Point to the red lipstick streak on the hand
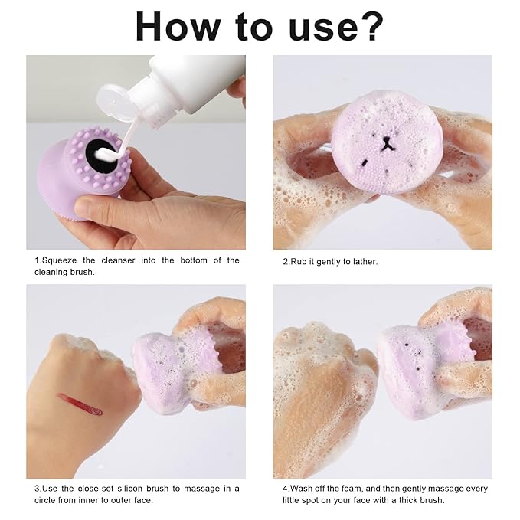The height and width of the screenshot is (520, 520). [x=79, y=404]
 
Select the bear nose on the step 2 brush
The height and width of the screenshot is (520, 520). [x=384, y=143]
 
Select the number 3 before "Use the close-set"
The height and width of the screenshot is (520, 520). [x=36, y=488]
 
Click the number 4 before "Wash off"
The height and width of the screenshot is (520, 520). [x=284, y=488]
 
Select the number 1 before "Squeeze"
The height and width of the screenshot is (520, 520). [x=36, y=260]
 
